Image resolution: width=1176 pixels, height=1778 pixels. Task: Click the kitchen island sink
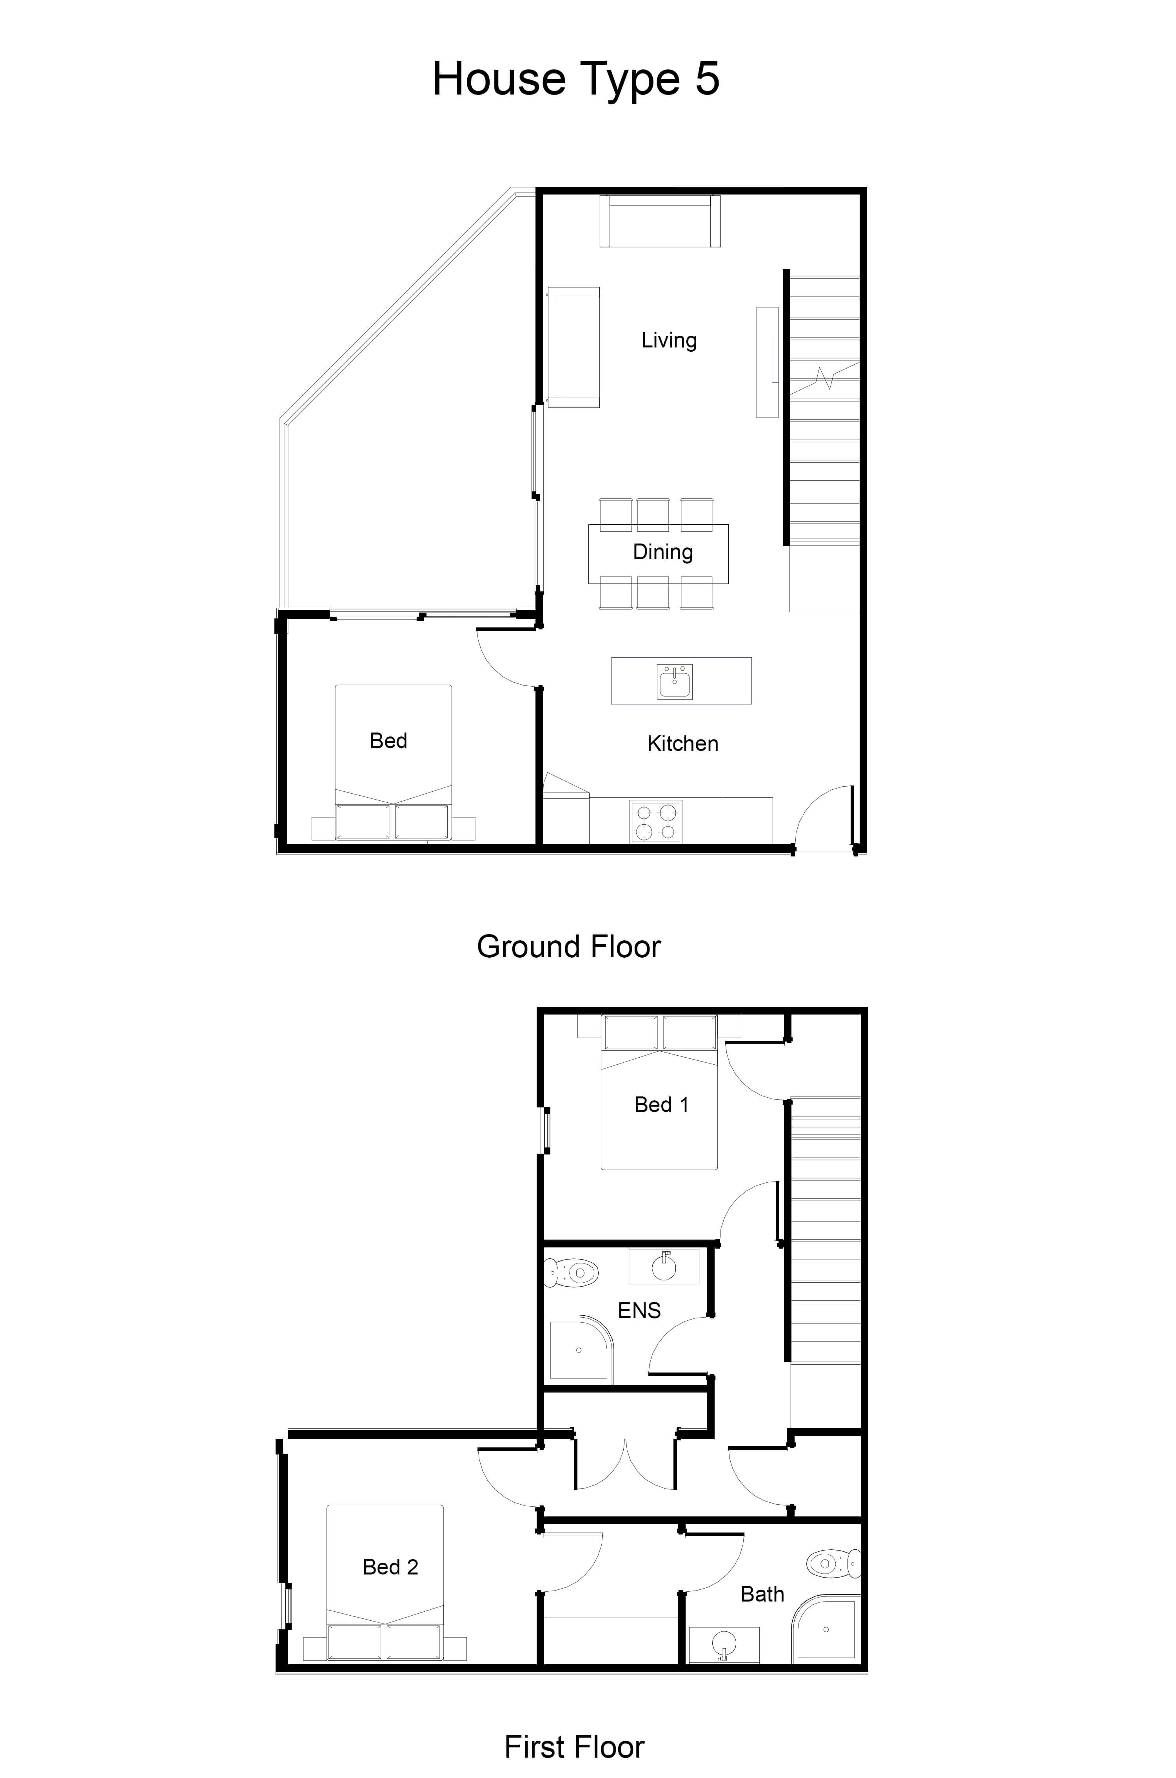[674, 682]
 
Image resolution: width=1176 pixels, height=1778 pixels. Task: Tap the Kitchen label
[682, 744]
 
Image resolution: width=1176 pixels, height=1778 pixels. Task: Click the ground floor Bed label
[388, 740]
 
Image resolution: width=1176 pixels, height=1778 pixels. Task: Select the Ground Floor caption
[568, 947]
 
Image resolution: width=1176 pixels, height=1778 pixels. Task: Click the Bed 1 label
[661, 1104]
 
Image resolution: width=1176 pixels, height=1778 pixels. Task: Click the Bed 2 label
[390, 1567]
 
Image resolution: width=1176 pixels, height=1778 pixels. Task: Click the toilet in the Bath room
[833, 1564]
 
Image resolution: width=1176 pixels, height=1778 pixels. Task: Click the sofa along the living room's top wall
[660, 220]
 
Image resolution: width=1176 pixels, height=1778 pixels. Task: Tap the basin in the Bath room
[724, 1645]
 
